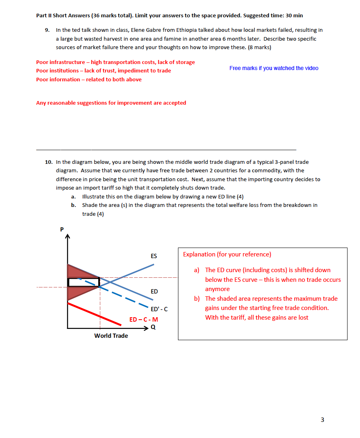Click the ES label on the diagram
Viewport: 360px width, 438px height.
154,256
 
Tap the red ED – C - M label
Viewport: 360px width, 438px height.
144,320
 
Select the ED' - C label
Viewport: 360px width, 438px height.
159,310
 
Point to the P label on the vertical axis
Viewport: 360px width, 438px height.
62,229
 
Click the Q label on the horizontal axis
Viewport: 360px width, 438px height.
153,327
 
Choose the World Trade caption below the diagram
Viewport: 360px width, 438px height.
111,336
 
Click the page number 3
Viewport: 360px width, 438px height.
322,420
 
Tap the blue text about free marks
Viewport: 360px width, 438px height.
274,68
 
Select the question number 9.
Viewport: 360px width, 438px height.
47,30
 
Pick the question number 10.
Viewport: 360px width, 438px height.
48,162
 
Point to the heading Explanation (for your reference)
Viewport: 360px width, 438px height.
227,254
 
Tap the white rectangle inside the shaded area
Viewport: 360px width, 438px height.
83,282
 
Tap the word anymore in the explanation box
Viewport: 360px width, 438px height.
217,289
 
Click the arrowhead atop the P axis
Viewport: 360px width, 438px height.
68,237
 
